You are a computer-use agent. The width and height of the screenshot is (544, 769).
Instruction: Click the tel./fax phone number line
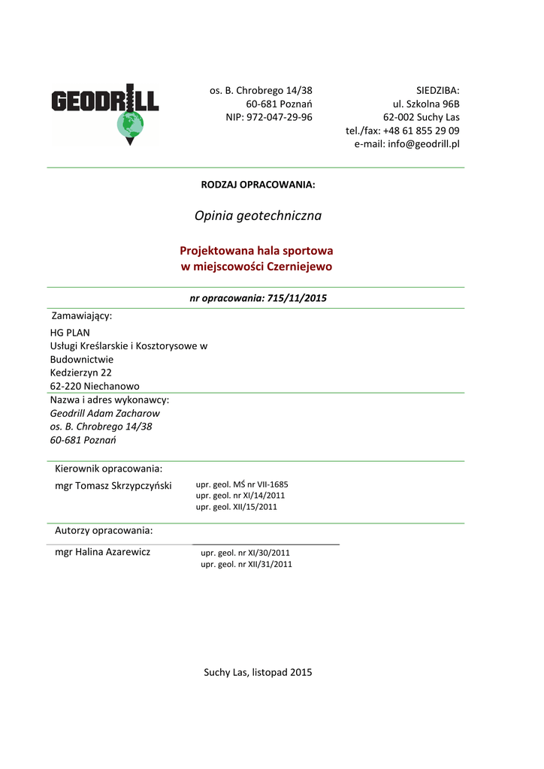(x=403, y=131)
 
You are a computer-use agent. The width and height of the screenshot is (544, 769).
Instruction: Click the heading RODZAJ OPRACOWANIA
(x=258, y=185)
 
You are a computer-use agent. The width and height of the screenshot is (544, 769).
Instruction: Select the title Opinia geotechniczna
(x=258, y=216)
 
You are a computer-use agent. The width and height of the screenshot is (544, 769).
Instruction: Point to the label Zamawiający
(x=81, y=315)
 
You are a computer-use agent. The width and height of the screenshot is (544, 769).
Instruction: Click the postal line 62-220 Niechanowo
(x=95, y=386)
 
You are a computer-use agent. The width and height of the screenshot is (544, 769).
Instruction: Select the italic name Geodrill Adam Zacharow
(x=104, y=413)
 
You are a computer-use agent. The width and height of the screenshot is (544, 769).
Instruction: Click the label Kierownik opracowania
(x=109, y=469)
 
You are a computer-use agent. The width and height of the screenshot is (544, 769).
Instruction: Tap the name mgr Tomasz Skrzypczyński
(x=113, y=486)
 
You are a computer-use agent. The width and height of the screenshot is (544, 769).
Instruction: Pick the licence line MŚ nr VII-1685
(x=241, y=484)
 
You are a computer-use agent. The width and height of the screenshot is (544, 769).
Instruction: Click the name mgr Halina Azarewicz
(x=103, y=553)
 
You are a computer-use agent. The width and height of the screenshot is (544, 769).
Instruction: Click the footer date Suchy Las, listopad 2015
(x=258, y=672)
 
